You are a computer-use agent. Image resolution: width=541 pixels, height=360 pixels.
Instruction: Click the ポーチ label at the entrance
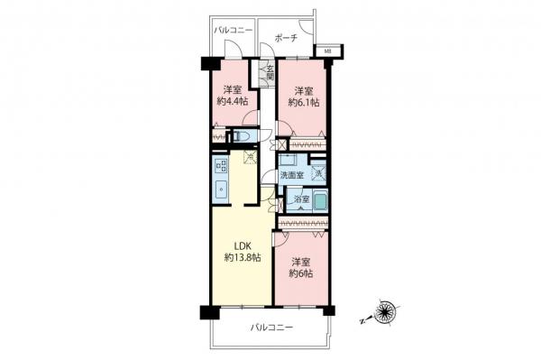287,39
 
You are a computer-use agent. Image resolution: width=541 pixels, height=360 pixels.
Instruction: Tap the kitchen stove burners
220,168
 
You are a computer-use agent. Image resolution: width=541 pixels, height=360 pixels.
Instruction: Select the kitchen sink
220,189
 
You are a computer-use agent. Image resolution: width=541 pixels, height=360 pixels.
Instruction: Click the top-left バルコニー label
233,30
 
